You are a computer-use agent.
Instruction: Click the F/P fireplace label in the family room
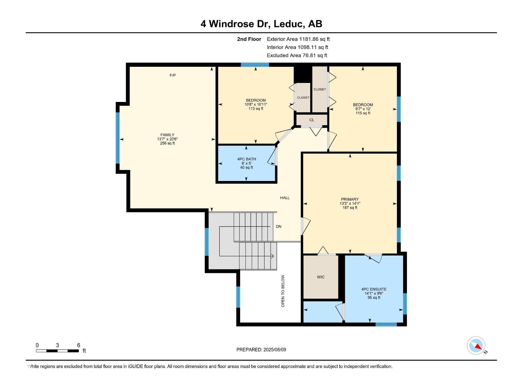(x=173, y=75)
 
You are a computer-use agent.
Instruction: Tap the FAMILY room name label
(x=167, y=135)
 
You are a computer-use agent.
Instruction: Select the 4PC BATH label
(x=246, y=159)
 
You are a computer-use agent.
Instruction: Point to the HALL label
(x=285, y=198)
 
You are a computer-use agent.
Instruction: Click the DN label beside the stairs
(x=278, y=226)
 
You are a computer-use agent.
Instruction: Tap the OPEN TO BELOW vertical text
(x=283, y=291)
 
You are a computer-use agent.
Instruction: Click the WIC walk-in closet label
(x=321, y=277)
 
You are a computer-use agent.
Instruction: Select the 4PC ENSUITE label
(x=374, y=289)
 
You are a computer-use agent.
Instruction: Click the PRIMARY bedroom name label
(x=350, y=199)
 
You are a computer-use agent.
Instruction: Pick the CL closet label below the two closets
(x=312, y=120)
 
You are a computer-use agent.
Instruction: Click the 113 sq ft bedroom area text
(x=256, y=109)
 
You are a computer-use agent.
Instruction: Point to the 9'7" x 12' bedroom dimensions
(x=363, y=109)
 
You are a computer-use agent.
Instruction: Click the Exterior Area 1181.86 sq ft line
(x=298, y=39)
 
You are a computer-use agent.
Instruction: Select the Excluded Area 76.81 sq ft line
(x=297, y=56)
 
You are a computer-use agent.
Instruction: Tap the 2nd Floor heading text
(x=249, y=39)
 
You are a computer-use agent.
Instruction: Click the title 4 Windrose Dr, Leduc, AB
(x=261, y=24)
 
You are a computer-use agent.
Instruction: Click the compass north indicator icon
(x=476, y=346)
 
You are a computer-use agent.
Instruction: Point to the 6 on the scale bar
(x=78, y=345)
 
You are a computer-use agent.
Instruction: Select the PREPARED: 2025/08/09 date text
(x=261, y=350)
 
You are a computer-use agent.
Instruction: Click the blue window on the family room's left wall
(x=118, y=138)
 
